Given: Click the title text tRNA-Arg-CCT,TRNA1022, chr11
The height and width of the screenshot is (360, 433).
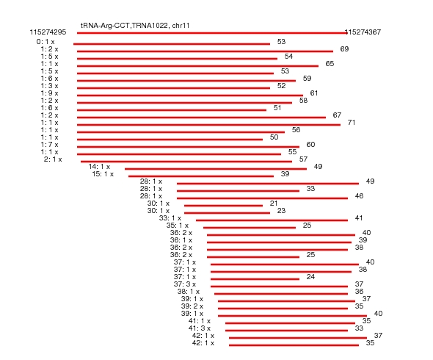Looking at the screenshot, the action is point(135,26).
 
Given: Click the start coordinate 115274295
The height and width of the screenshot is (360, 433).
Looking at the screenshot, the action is point(48,32).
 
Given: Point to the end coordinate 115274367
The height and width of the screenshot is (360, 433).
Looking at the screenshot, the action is point(363,32).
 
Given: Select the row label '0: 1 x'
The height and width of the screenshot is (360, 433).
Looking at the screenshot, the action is point(46,42).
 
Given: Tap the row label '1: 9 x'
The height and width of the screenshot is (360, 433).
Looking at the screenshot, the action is point(49,93).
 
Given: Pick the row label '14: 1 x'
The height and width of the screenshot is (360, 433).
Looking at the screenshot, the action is point(99,167).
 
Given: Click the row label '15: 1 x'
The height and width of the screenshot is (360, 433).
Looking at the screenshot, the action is point(103,174).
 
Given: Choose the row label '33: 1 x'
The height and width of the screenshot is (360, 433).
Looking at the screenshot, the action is point(170,218).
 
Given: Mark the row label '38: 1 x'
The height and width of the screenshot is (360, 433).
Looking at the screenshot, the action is point(189,292).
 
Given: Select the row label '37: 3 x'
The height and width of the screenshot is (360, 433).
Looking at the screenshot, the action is point(185,284).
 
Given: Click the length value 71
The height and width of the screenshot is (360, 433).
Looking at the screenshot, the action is point(352,123).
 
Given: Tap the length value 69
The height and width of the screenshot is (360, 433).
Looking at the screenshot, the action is point(344,49).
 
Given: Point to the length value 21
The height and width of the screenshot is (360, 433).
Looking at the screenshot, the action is point(274,204).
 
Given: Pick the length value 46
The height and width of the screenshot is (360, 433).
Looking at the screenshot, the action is point(359,196).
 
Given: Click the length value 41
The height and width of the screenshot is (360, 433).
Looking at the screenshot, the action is point(359,218).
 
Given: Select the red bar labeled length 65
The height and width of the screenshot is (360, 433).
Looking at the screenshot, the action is point(197,66).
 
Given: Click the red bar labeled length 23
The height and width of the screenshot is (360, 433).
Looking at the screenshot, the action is point(227,213).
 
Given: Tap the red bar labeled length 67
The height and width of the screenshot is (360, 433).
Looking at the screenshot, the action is point(201,118).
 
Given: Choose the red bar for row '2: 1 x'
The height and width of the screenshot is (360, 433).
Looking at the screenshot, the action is point(186,162).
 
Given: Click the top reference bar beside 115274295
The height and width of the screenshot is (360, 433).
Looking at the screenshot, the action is point(212,33).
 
